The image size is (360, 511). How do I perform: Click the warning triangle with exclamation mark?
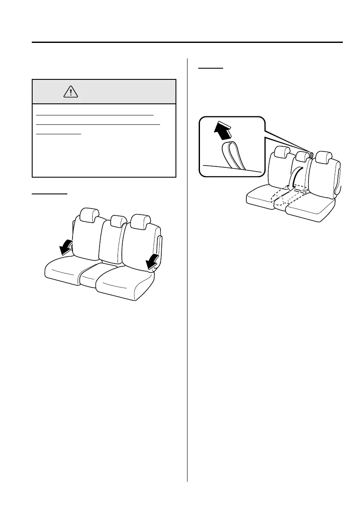70,91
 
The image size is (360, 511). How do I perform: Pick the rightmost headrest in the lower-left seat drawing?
140,221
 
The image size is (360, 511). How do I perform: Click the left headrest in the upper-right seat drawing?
282,152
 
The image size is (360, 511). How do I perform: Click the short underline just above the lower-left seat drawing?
50,194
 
